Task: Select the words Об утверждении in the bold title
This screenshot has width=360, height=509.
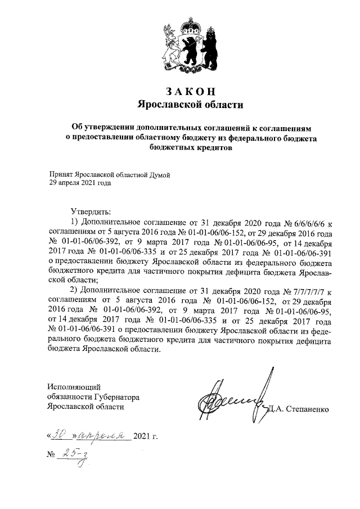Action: coord(100,128)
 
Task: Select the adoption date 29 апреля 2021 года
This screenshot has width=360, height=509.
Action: coord(80,183)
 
